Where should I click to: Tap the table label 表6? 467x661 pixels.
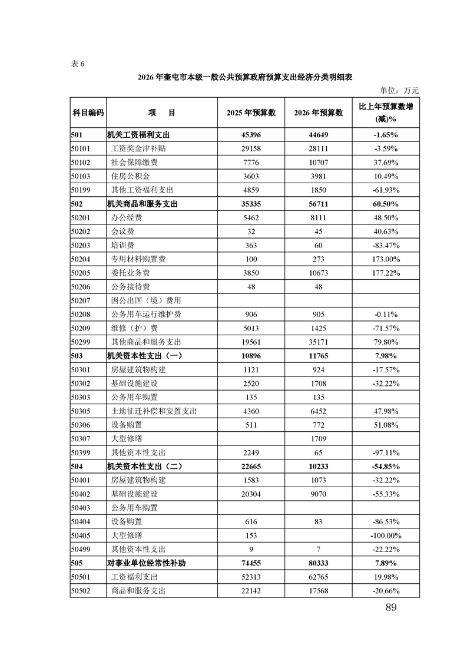[x=78, y=64]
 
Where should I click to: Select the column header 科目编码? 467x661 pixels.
[x=88, y=113]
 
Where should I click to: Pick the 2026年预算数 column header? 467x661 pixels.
[x=318, y=113]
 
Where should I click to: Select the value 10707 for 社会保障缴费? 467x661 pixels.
[x=318, y=162]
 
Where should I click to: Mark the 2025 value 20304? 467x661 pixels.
[x=251, y=494]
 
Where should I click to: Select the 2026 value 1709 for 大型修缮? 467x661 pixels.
[x=318, y=438]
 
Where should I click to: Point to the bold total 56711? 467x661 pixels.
[x=318, y=204]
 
